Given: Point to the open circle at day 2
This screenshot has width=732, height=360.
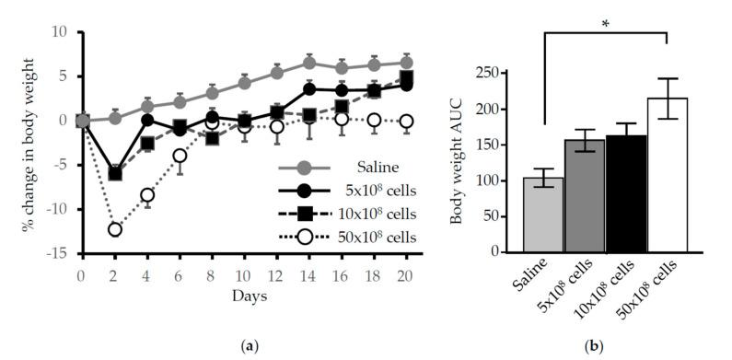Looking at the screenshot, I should (x=115, y=229).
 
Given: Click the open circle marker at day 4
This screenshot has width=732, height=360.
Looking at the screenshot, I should (x=147, y=195).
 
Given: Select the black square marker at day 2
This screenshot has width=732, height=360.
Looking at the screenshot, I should (x=115, y=173).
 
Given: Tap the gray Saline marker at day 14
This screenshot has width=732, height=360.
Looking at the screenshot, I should (x=309, y=63).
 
